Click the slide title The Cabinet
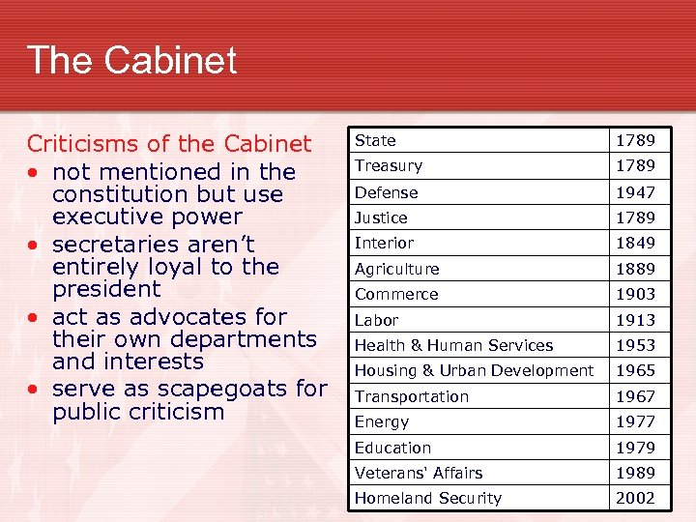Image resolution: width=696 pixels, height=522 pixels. tap(131, 61)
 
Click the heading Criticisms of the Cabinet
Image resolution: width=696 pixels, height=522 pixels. tap(169, 144)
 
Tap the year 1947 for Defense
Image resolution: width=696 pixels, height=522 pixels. tap(636, 192)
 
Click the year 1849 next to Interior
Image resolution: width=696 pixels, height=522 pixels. tap(636, 243)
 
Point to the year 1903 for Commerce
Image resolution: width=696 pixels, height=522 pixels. tap(636, 294)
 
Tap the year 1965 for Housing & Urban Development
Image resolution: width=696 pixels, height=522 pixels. tap(636, 370)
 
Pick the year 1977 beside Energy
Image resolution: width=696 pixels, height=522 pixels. tap(636, 421)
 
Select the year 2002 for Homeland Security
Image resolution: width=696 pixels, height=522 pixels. tap(636, 498)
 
